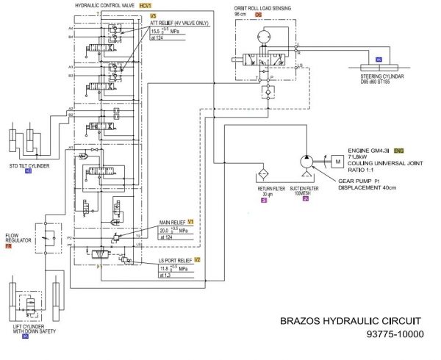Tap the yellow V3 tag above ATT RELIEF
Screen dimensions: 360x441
point(153,15)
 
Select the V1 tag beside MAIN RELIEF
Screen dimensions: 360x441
point(190,221)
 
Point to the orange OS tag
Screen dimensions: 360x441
point(259,14)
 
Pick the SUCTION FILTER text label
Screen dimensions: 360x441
point(306,188)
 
